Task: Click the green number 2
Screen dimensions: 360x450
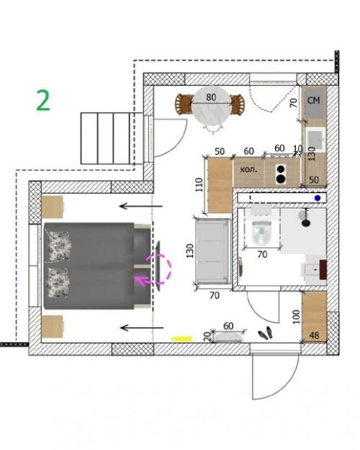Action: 43,100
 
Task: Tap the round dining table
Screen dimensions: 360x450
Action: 211,105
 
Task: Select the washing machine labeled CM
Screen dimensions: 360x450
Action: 315,102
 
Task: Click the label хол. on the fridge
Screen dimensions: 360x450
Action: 248,169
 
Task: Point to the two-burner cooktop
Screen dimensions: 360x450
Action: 281,174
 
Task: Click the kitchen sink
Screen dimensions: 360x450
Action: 315,140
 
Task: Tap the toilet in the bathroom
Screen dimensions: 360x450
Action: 261,230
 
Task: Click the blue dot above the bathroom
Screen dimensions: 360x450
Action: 318,198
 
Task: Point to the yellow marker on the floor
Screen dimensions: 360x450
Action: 182,339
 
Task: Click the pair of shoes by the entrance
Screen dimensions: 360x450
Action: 266,333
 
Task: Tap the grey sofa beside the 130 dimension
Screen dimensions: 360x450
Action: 212,251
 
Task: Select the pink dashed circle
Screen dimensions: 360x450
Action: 160,269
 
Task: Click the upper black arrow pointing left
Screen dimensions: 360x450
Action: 141,206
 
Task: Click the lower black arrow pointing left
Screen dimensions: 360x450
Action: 142,328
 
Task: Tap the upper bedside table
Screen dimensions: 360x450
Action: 53,207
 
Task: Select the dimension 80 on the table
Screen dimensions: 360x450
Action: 211,98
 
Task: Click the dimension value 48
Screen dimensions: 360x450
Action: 315,336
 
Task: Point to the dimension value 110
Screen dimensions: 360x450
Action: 199,185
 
